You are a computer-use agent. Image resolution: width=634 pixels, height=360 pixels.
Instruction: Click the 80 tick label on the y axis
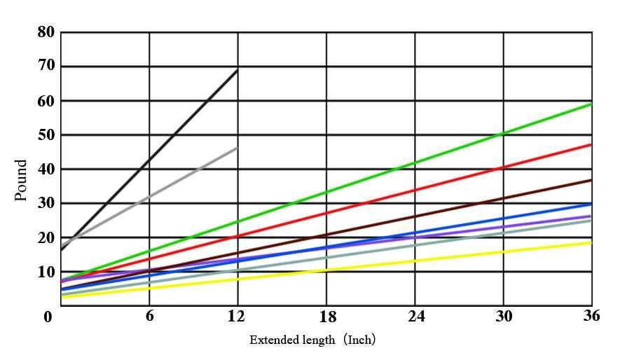click(46, 32)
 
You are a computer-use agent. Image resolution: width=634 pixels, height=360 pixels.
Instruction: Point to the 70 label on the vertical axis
click(46, 67)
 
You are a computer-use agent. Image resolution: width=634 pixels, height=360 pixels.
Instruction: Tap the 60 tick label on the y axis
click(46, 101)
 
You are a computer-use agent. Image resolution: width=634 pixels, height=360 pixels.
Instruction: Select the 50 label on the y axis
click(46, 134)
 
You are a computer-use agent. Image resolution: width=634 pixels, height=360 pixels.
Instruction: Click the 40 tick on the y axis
click(46, 169)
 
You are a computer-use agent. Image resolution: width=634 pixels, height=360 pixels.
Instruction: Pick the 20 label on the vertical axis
click(46, 237)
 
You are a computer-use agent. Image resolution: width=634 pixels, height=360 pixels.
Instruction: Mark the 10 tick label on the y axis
click(46, 272)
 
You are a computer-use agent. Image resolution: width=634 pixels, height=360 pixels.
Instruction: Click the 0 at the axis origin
click(48, 317)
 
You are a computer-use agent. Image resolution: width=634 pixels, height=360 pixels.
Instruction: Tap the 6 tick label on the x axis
click(149, 316)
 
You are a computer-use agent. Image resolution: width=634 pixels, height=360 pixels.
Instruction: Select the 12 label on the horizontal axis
click(237, 316)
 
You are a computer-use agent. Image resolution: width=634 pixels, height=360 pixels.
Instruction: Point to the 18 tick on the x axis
click(327, 317)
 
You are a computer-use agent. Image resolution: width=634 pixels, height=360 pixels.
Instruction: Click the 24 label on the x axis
click(415, 317)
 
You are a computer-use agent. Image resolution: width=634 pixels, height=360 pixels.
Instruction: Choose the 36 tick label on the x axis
click(591, 316)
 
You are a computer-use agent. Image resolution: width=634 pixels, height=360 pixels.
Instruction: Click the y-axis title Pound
click(22, 180)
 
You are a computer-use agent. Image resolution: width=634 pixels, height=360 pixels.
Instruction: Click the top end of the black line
click(237, 70)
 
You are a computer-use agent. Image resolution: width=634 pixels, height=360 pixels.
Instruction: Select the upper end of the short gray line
click(237, 148)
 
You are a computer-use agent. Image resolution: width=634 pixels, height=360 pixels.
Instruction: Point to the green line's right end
click(591, 104)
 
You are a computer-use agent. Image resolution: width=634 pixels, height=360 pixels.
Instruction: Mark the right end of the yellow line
click(591, 242)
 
